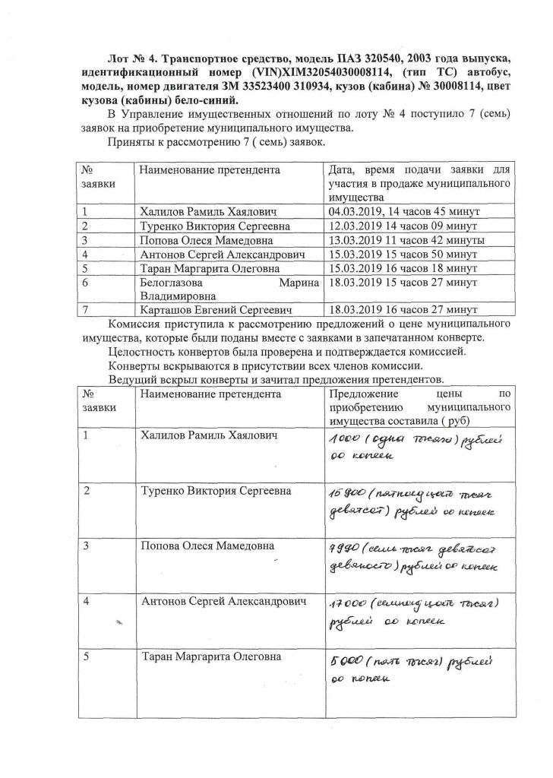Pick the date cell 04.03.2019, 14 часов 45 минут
pos(403,212)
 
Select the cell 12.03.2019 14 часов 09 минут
pos(400,226)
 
